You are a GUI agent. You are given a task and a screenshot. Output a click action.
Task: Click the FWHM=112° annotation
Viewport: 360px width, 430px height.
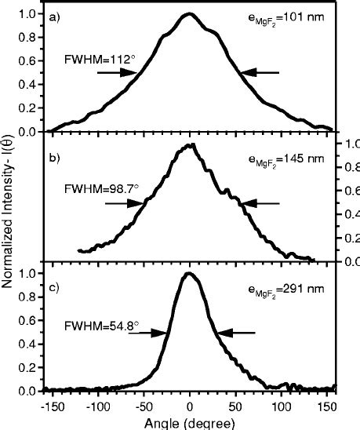pyautogui.click(x=100, y=59)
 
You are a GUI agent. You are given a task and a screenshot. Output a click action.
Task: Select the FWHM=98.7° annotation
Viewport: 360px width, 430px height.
pyautogui.click(x=102, y=189)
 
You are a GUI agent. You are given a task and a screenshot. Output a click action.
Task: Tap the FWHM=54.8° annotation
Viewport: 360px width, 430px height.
pyautogui.click(x=102, y=326)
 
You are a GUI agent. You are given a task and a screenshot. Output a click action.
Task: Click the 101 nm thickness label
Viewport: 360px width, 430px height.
pyautogui.click(x=285, y=19)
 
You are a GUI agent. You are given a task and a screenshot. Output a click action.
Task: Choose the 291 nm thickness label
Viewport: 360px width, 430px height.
pyautogui.click(x=286, y=290)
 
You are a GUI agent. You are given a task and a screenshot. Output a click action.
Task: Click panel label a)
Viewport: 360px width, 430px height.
pyautogui.click(x=54, y=17)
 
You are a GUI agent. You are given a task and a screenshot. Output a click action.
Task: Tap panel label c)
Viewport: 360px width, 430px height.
pyautogui.click(x=54, y=288)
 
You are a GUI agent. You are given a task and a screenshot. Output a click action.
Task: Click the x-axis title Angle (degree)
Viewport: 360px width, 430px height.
pyautogui.click(x=190, y=424)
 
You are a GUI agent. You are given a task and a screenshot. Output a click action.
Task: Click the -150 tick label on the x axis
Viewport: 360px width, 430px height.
pyautogui.click(x=53, y=407)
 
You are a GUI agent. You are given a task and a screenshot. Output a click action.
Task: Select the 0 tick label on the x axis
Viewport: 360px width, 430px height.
pyautogui.click(x=190, y=407)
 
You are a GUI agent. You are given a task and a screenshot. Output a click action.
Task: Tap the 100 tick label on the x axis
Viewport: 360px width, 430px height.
pyautogui.click(x=281, y=407)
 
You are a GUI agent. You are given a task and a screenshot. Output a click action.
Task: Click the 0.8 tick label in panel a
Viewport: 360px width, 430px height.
pyautogui.click(x=27, y=38)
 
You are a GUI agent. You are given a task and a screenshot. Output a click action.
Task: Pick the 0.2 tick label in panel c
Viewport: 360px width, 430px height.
pyautogui.click(x=27, y=368)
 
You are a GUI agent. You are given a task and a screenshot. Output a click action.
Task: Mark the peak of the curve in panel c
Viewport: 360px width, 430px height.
pyautogui.click(x=189, y=274)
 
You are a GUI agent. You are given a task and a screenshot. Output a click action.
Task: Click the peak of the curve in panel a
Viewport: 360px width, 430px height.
pyautogui.click(x=190, y=14)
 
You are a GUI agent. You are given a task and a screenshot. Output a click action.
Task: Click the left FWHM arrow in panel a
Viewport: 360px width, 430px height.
pyautogui.click(x=117, y=73)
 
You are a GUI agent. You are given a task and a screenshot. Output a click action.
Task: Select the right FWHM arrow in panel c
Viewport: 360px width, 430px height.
pyautogui.click(x=236, y=333)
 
